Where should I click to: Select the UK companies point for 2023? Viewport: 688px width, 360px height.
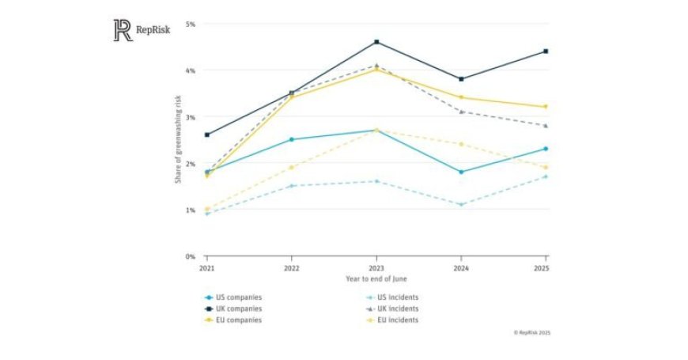click(x=376, y=42)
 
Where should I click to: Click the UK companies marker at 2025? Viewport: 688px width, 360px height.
click(x=546, y=51)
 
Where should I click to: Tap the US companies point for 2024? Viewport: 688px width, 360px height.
click(x=461, y=172)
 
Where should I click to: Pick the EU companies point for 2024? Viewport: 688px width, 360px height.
click(x=461, y=98)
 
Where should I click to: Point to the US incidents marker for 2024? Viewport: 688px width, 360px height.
click(x=461, y=205)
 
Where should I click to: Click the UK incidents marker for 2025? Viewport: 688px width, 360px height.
click(x=546, y=126)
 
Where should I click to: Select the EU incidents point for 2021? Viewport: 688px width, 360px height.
click(x=207, y=210)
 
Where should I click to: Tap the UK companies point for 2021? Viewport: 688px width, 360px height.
click(x=207, y=135)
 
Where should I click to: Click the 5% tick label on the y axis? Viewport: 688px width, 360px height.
click(x=191, y=24)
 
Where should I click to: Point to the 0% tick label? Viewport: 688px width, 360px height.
click(x=191, y=256)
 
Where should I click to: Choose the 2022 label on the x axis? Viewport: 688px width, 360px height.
click(x=292, y=269)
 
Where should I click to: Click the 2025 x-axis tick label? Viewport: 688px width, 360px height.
click(x=545, y=269)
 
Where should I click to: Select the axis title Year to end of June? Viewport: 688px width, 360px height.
click(x=376, y=279)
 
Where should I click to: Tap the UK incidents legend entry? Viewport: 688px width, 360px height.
click(x=396, y=309)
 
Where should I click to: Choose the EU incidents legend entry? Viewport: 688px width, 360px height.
click(x=396, y=320)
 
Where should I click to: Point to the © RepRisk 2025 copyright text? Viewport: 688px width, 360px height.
click(x=531, y=332)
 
